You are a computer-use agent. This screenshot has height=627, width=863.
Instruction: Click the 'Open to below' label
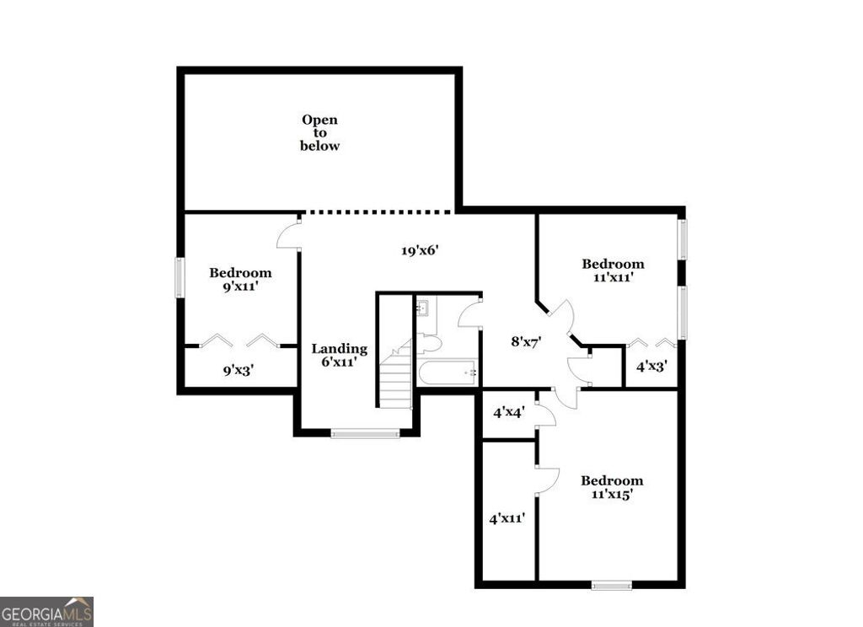pyautogui.click(x=320, y=133)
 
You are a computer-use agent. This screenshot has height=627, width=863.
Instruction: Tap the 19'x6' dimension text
pyautogui.click(x=421, y=250)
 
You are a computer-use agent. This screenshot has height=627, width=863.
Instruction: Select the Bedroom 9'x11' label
pyautogui.click(x=240, y=279)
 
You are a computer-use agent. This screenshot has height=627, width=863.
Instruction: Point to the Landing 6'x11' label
pyautogui.click(x=339, y=356)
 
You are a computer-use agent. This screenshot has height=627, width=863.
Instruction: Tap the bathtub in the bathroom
pyautogui.click(x=448, y=372)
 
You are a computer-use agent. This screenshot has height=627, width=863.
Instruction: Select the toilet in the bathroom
pyautogui.click(x=429, y=342)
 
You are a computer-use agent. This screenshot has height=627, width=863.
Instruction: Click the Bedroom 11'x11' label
pyautogui.click(x=613, y=270)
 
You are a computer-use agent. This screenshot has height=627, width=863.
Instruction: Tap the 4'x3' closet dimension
pyautogui.click(x=651, y=367)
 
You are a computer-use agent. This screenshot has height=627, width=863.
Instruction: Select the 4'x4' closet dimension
pyautogui.click(x=509, y=413)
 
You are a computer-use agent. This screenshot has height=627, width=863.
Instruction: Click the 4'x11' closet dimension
pyautogui.click(x=507, y=518)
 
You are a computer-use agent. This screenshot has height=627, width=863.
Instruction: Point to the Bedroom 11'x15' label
pyautogui.click(x=612, y=487)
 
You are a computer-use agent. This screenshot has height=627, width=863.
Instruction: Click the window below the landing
pyautogui.click(x=365, y=434)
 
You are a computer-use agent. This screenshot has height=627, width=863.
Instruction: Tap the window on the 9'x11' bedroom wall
pyautogui.click(x=179, y=277)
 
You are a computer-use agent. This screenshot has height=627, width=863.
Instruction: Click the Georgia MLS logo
pyautogui.click(x=46, y=612)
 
